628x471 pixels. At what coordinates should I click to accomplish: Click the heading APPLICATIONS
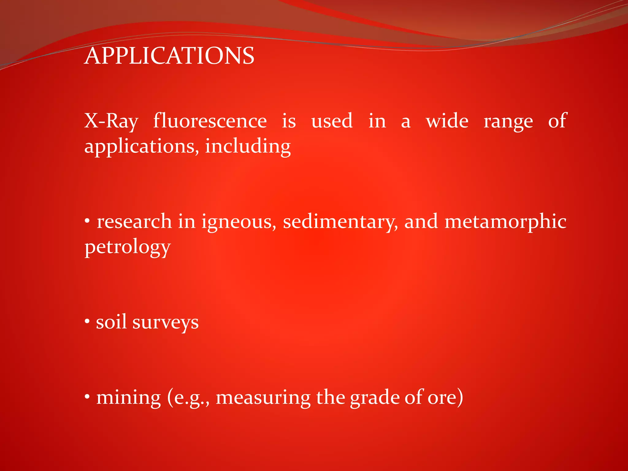click(x=169, y=56)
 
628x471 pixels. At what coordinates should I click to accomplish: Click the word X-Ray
click(x=111, y=121)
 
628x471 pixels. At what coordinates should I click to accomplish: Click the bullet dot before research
click(x=87, y=220)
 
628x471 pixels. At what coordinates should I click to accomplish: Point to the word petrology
click(x=128, y=247)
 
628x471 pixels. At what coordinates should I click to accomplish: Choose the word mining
click(x=128, y=398)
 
